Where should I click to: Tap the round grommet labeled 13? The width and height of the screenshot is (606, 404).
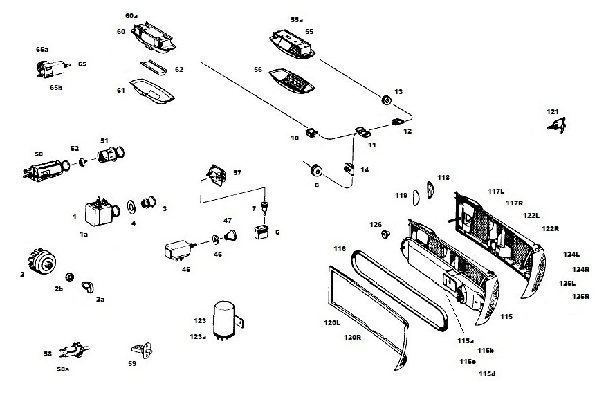[x=387, y=101]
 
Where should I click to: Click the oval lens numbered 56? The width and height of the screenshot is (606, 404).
[x=291, y=80]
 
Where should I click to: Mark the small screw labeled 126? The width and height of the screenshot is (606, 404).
[x=385, y=235]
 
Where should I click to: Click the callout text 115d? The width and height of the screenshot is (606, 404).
[x=487, y=374]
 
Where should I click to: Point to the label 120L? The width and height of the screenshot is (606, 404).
[x=332, y=323]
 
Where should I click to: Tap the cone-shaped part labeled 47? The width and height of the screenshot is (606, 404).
[x=230, y=237]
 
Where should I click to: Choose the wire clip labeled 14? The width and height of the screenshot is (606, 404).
[x=349, y=168]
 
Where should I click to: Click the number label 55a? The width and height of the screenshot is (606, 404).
[x=297, y=20]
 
